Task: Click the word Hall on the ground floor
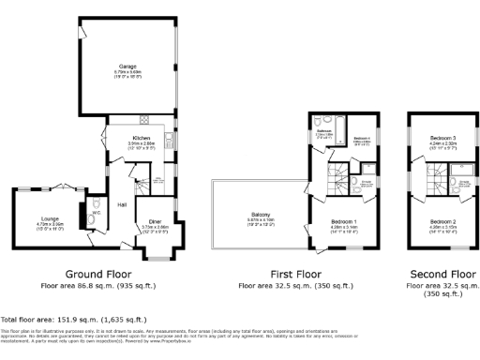[x=123, y=203]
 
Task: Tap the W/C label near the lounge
[x=96, y=212]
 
